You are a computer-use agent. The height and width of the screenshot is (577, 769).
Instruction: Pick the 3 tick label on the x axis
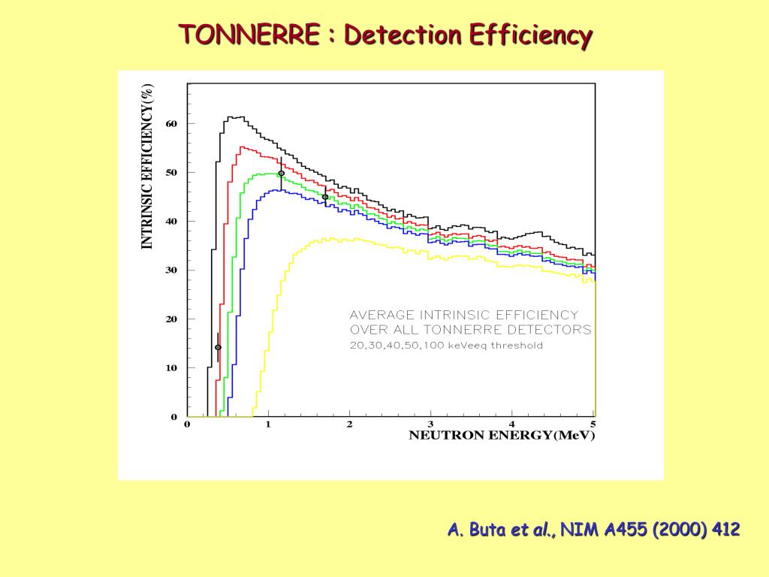[430, 424]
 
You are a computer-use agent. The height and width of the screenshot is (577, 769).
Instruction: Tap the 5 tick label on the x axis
[593, 424]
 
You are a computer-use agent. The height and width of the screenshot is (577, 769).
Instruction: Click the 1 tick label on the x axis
[268, 424]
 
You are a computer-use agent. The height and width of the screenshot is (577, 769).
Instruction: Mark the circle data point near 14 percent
[218, 347]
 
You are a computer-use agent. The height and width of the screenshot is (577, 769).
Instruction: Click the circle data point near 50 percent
[281, 173]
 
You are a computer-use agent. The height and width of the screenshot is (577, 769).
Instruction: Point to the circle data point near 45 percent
[325, 197]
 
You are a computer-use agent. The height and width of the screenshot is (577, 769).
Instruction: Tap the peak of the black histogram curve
[236, 117]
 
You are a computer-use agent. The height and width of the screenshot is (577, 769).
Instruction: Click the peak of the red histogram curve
[243, 147]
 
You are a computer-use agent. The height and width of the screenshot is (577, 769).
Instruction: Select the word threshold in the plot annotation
[517, 346]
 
